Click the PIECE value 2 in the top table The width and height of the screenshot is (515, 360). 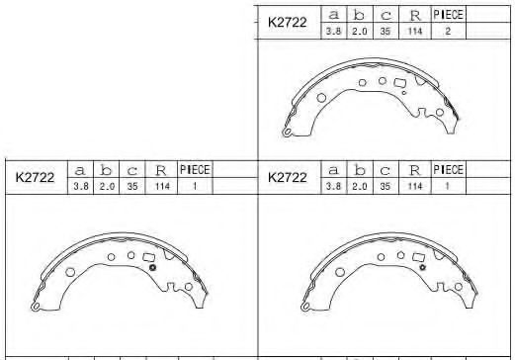click(x=448, y=31)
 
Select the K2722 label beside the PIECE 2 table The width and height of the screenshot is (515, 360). click(x=288, y=22)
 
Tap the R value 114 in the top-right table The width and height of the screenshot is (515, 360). click(x=415, y=31)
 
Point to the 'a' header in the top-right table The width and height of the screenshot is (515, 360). click(x=333, y=15)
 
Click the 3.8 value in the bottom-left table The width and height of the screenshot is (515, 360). click(x=81, y=186)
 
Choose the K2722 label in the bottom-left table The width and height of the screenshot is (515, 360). click(x=35, y=177)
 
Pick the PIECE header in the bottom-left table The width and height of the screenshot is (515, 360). click(x=195, y=170)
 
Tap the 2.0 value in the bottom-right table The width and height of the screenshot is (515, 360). click(x=360, y=186)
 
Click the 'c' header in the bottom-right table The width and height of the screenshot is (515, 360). click(x=386, y=171)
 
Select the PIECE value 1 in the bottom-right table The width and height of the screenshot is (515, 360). click(x=447, y=186)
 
